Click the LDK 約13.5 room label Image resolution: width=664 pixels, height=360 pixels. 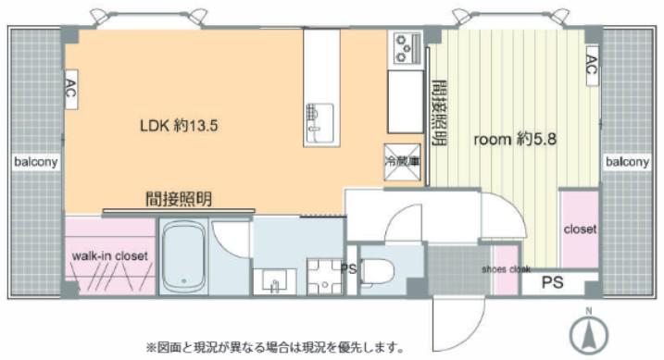pyautogui.click(x=179, y=126)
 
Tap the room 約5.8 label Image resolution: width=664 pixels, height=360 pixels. pyautogui.click(x=515, y=139)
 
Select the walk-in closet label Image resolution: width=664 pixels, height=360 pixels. pyautogui.click(x=109, y=256)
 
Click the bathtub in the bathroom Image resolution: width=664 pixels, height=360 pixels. pyautogui.click(x=183, y=256)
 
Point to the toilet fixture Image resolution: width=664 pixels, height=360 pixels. pyautogui.click(x=377, y=271)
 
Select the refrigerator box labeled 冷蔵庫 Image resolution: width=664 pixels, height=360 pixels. pyautogui.click(x=402, y=163)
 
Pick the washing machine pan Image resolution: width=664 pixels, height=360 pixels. pyautogui.click(x=325, y=277)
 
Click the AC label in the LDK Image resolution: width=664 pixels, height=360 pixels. pyautogui.click(x=71, y=89)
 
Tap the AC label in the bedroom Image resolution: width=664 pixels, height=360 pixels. pyautogui.click(x=592, y=65)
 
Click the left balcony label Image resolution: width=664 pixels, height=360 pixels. pyautogui.click(x=35, y=162)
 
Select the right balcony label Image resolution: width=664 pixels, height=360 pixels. pyautogui.click(x=627, y=162)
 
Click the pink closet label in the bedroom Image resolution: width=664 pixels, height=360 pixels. pyautogui.click(x=580, y=230)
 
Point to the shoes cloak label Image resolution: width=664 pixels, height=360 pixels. pyautogui.click(x=506, y=269)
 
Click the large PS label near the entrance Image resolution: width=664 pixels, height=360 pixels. pyautogui.click(x=553, y=282)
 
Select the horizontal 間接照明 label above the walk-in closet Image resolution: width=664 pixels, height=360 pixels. pyautogui.click(x=179, y=199)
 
